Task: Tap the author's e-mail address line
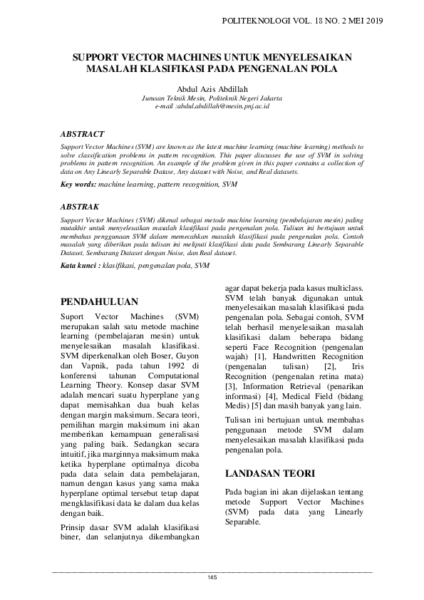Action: (x=212, y=106)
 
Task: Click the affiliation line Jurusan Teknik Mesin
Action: (x=212, y=98)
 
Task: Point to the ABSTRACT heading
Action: (x=83, y=133)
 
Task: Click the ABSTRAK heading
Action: (x=80, y=207)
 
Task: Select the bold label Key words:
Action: (x=78, y=185)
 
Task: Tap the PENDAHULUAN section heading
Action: (x=99, y=302)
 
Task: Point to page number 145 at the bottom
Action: (x=212, y=576)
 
